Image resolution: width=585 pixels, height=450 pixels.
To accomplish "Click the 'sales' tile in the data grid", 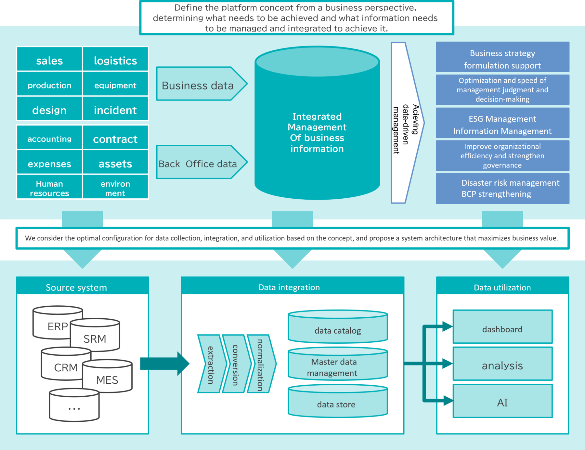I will coord(49,60).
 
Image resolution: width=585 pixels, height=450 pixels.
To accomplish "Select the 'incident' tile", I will coord(115,110).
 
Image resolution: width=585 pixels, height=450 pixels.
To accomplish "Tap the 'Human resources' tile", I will coord(49,188).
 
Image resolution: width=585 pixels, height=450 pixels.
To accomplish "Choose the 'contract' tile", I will coord(115,139).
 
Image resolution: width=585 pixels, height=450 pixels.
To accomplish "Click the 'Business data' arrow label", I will coord(198,85).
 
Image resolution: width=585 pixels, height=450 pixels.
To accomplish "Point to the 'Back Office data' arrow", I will coord(198,164).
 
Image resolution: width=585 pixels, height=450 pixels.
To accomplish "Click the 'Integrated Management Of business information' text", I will coord(317,132).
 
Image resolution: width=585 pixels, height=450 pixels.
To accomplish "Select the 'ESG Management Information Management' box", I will coord(502,125).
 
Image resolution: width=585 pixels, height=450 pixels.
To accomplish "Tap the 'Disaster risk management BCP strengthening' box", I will coord(502,188).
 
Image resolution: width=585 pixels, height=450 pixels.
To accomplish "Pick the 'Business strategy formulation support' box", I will coord(502,59).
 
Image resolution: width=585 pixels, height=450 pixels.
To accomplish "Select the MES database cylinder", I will coord(107,379).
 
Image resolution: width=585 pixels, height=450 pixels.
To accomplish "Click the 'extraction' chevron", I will coord(211,364).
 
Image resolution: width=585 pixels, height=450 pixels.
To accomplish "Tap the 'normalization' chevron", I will coord(260,364).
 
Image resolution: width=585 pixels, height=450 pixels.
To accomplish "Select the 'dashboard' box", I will coord(502,329).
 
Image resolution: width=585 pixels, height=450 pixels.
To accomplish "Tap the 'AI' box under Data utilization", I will coord(502,403).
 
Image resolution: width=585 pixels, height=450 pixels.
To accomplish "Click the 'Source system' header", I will coord(76,287).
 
